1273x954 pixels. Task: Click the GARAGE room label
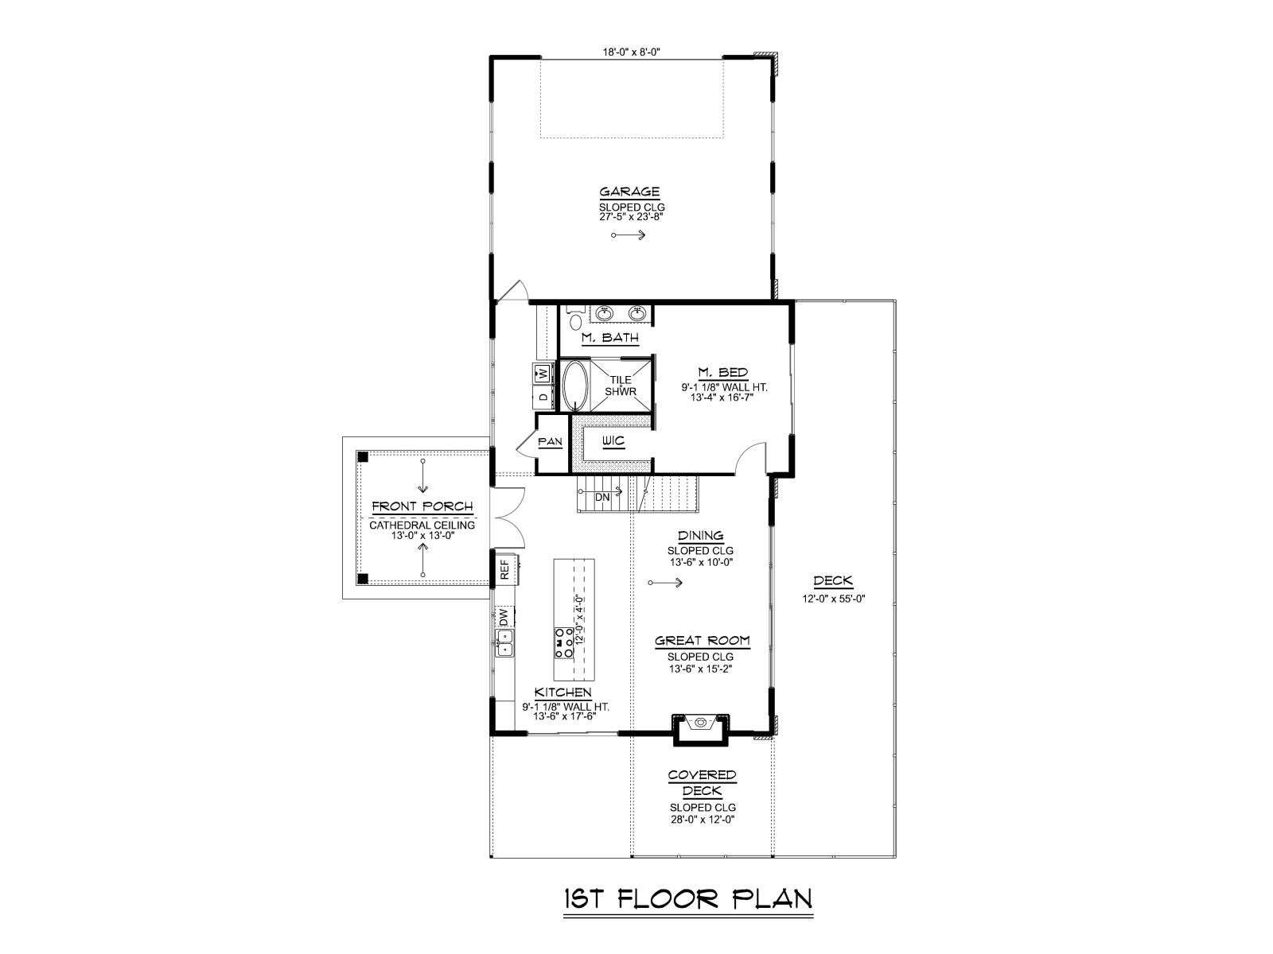click(x=629, y=192)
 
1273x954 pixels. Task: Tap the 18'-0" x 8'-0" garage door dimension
click(x=632, y=52)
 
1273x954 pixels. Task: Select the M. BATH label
click(x=610, y=337)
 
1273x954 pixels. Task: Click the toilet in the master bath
click(x=574, y=318)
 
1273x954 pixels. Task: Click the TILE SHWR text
click(x=621, y=386)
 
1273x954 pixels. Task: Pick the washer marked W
click(x=543, y=373)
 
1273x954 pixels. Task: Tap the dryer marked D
click(x=543, y=397)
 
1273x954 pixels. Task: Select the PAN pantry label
click(x=551, y=442)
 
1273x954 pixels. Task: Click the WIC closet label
click(x=613, y=441)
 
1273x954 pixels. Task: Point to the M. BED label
click(x=722, y=372)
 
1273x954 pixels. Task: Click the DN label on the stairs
click(x=602, y=498)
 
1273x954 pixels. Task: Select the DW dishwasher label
click(x=504, y=618)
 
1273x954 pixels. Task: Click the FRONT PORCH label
click(x=422, y=507)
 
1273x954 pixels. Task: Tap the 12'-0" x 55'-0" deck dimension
click(x=834, y=599)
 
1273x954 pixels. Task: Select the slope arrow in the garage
click(x=629, y=235)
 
